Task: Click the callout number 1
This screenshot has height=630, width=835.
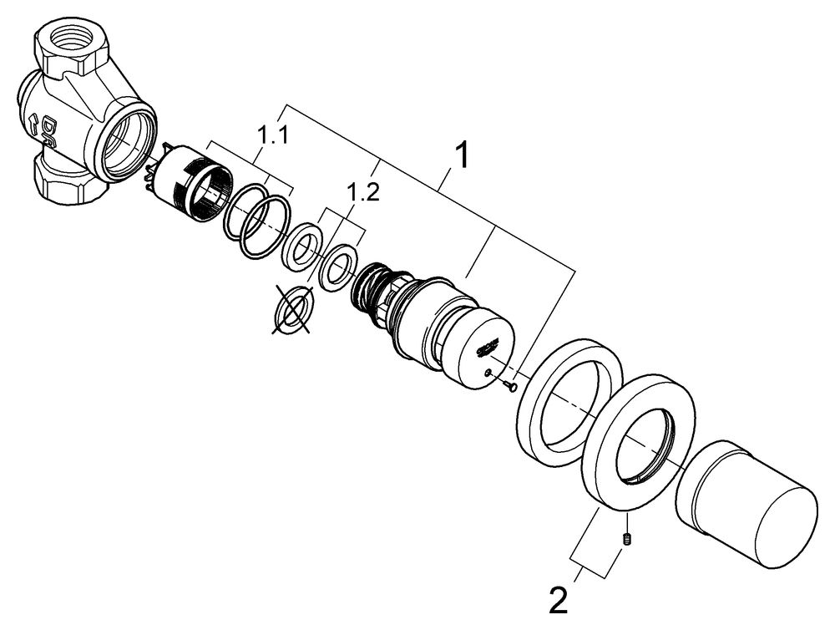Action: [461, 156]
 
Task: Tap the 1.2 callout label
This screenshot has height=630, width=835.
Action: [363, 194]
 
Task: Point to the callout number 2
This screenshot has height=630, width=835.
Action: [559, 600]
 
